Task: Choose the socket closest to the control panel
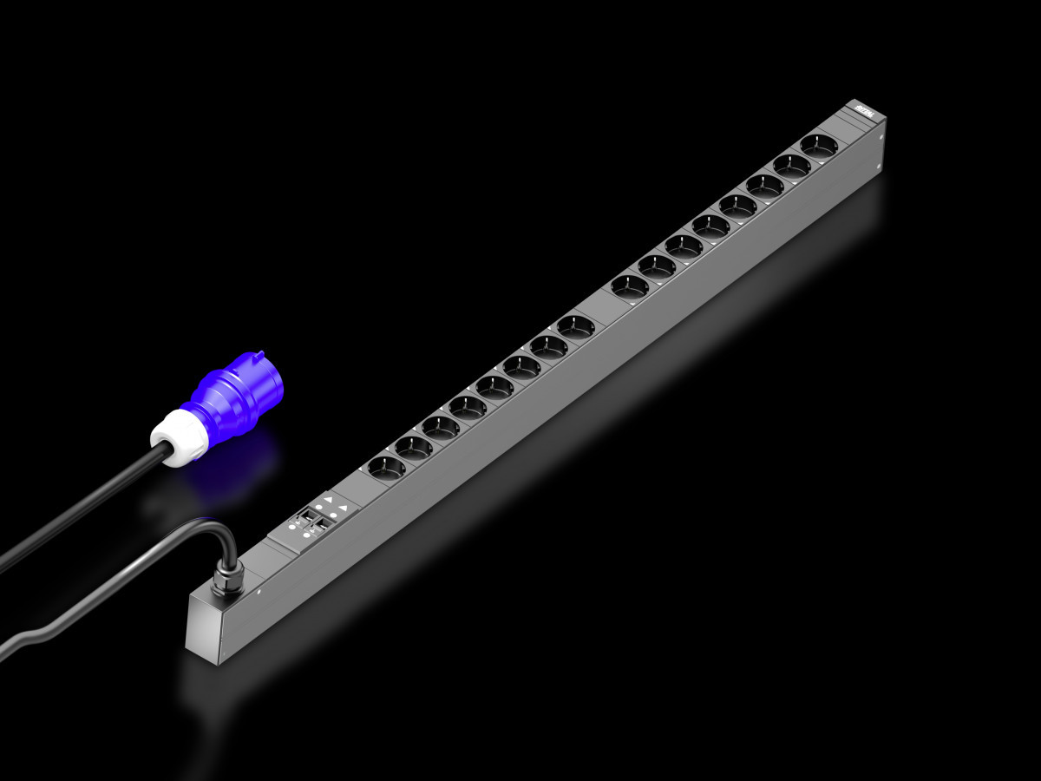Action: [386, 467]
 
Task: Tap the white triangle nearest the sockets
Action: [329, 500]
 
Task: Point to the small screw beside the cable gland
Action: [259, 594]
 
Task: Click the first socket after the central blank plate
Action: [629, 285]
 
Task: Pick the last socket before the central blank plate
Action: [575, 326]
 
